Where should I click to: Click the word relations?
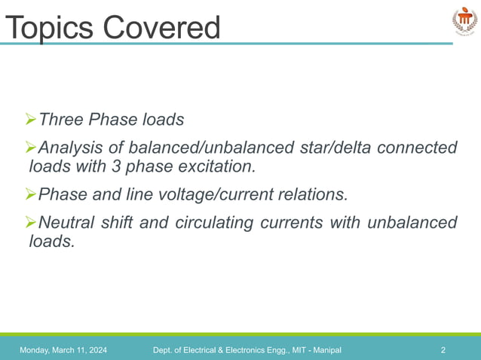tap(310, 195)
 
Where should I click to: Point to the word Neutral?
tap(68, 223)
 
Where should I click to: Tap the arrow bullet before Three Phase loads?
tap(31, 120)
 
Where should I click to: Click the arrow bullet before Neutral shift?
tap(31, 223)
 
